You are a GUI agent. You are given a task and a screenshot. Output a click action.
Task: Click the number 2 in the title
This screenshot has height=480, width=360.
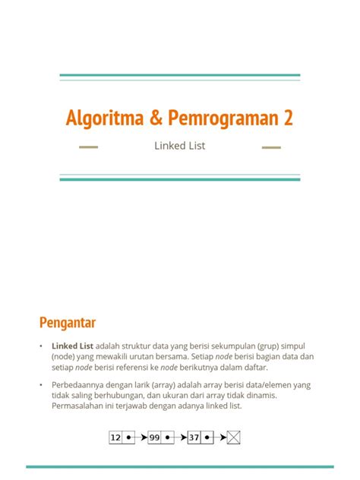coord(287,118)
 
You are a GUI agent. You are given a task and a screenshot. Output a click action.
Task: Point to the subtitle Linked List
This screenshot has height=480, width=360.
coord(180,146)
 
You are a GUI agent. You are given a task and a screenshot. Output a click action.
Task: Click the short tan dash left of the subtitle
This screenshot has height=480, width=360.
coord(89,147)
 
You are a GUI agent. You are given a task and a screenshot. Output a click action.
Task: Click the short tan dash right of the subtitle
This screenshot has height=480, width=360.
coord(271,147)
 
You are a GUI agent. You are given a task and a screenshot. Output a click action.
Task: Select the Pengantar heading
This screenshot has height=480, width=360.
coord(68,323)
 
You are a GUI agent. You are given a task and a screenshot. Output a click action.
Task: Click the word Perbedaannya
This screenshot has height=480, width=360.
coord(81,385)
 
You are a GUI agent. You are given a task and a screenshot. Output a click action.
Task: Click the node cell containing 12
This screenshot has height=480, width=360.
coord(116,437)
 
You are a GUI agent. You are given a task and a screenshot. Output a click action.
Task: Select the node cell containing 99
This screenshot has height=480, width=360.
coord(156,437)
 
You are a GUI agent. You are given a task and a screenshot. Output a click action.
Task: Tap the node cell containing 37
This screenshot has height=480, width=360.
coord(195,437)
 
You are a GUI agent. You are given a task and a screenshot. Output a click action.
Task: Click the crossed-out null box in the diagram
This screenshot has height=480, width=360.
coord(234,437)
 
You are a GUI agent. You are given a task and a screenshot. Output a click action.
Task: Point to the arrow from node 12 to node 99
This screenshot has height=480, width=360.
coord(138,437)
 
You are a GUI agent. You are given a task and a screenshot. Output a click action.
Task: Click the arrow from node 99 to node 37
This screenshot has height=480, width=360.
coord(178,437)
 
